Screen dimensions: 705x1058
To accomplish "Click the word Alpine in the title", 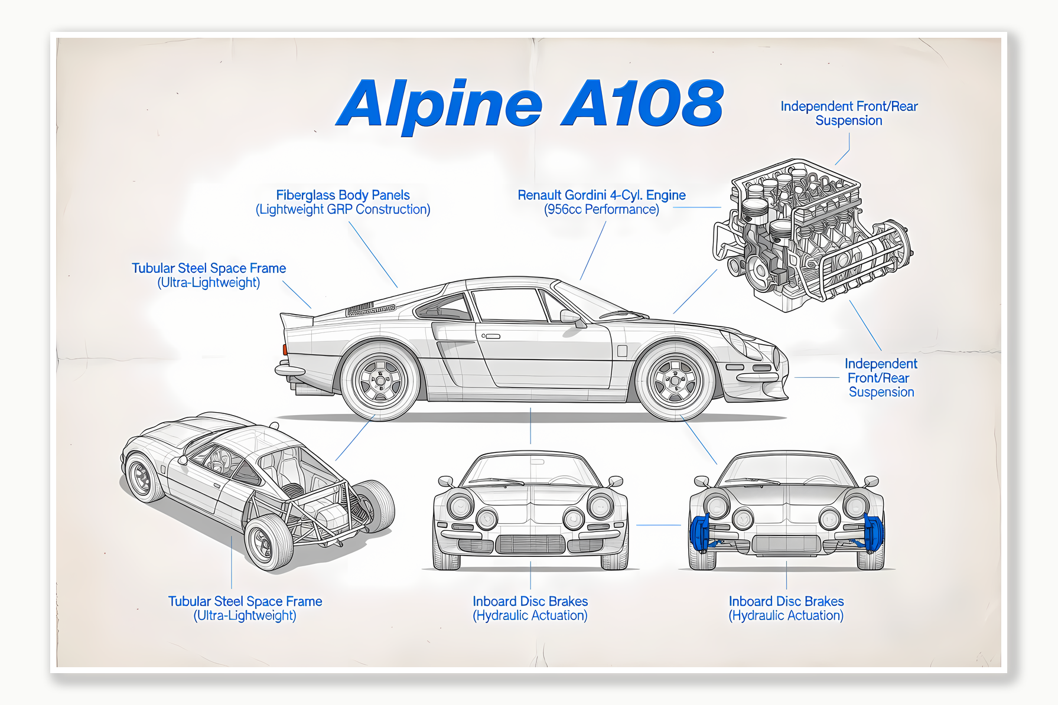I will coord(440,105).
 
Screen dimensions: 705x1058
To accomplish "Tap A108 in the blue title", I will coord(642,104).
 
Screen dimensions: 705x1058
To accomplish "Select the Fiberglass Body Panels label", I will coord(343,195).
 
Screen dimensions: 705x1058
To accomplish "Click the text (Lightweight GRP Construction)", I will coord(343,210).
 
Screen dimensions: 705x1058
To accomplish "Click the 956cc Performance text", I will coord(601,210).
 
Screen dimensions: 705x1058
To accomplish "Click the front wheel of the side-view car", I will coord(675,381).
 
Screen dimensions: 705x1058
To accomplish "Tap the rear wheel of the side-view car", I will coord(380,381).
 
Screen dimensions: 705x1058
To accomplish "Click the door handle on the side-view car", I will coord(491,337).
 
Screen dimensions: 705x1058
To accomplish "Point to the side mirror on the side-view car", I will coord(571,317).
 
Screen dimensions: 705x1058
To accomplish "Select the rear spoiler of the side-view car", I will coord(297,319).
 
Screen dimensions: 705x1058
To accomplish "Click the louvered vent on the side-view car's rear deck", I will coord(370,309).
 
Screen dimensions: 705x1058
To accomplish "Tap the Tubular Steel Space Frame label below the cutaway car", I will coord(245,601).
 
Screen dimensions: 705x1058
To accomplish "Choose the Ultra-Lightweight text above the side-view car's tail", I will coord(209,283).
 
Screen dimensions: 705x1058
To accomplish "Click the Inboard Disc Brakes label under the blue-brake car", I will coord(786,601).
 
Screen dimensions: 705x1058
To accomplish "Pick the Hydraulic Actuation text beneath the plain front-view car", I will coord(530,616).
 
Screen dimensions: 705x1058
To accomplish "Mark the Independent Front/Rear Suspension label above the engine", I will coord(849,113).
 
